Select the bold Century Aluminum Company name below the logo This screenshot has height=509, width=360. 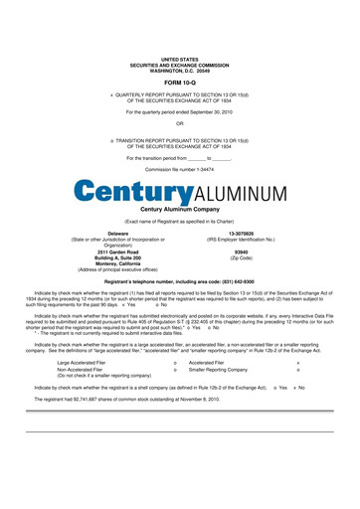click(x=179, y=210)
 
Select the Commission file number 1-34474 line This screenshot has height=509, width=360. click(x=179, y=170)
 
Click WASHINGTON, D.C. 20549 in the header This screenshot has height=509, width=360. click(x=179, y=71)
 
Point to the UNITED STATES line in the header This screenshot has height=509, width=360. click(x=179, y=60)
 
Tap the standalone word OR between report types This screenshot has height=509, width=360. click(x=179, y=123)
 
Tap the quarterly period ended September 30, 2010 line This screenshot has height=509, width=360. click(x=179, y=110)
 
